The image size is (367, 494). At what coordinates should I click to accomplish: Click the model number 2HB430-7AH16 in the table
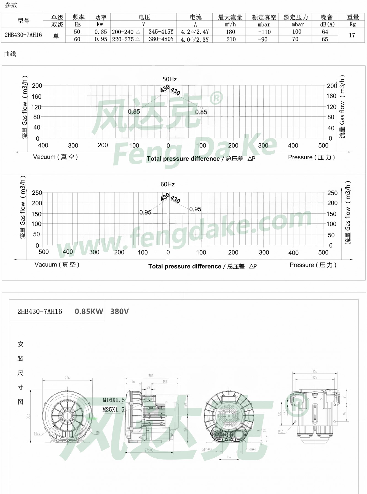pyautogui.click(x=23, y=35)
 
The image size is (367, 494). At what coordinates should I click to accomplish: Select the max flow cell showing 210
pyautogui.click(x=231, y=39)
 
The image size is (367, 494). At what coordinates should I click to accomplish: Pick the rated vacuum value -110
pyautogui.click(x=264, y=32)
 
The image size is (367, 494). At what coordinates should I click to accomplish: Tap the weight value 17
pyautogui.click(x=352, y=35)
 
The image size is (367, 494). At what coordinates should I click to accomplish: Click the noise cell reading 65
pyautogui.click(x=325, y=39)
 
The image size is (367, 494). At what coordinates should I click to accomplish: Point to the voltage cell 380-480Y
pyautogui.click(x=161, y=39)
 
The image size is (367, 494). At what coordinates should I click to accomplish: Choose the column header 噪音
pyautogui.click(x=327, y=17)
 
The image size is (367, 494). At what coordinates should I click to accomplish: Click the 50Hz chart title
pyautogui.click(x=169, y=79)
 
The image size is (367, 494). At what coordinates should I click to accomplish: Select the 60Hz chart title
pyautogui.click(x=167, y=184)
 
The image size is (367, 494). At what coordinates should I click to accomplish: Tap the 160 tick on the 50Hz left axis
pyautogui.click(x=36, y=96)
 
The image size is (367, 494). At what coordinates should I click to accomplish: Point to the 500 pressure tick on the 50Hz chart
pyautogui.click(x=323, y=146)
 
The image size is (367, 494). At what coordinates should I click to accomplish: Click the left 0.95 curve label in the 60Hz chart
pyautogui.click(x=145, y=212)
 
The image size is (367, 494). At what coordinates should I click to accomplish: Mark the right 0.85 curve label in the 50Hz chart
pyautogui.click(x=201, y=112)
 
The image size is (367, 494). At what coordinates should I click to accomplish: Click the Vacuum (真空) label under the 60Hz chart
pyautogui.click(x=57, y=265)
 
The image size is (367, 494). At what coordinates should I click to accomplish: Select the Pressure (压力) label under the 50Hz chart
pyautogui.click(x=311, y=157)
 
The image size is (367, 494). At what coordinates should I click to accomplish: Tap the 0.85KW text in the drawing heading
pyautogui.click(x=89, y=312)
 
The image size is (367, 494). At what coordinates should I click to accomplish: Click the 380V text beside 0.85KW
pyautogui.click(x=119, y=312)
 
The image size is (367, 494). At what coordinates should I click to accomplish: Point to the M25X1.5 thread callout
pyautogui.click(x=113, y=410)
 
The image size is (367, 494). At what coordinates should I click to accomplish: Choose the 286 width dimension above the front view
pyautogui.click(x=67, y=378)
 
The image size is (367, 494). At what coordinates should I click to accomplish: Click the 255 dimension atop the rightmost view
pyautogui.click(x=315, y=372)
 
